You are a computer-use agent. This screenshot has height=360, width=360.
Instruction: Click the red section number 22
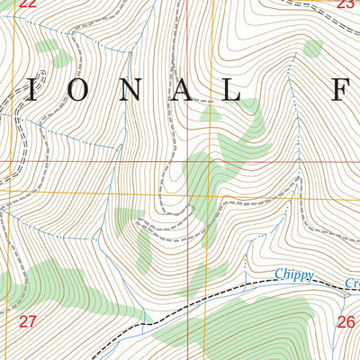pos(27,4)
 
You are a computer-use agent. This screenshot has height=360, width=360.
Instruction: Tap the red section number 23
pos(345,4)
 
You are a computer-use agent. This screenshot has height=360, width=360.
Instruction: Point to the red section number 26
pos(346,321)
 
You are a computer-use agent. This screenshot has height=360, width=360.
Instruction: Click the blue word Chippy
pos(294,275)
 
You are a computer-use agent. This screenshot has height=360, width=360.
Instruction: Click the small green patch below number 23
pos(312,48)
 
